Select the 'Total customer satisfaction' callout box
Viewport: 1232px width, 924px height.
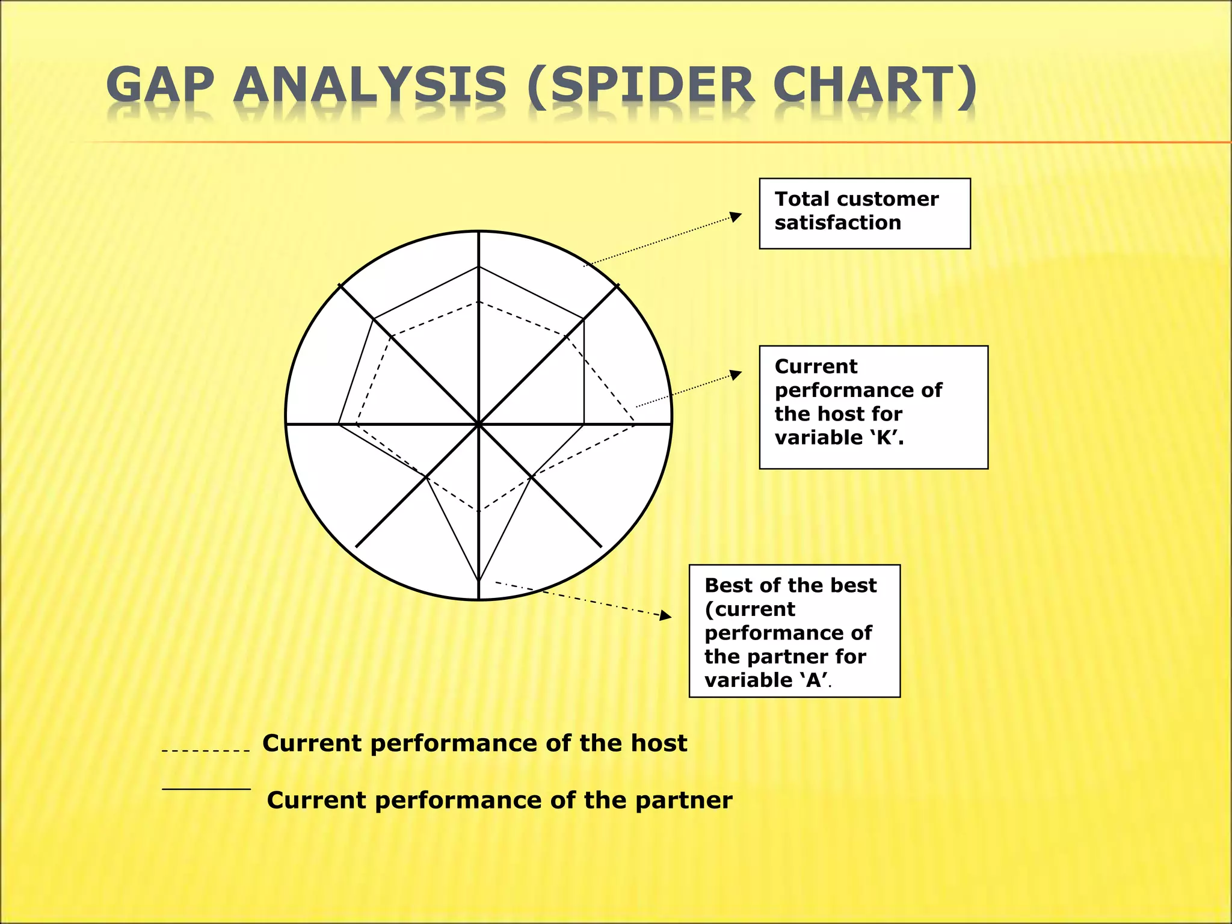(864, 213)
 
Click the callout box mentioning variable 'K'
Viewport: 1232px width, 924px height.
(873, 407)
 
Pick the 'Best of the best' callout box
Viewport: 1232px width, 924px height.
(794, 630)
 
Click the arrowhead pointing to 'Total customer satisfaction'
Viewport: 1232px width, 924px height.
(736, 217)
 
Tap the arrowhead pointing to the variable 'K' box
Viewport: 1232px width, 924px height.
(736, 375)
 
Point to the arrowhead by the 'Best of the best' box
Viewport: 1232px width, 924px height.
(665, 615)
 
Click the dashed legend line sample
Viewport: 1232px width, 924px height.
(206, 751)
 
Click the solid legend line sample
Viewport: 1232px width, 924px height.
(206, 789)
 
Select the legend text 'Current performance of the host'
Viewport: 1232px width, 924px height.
(475, 744)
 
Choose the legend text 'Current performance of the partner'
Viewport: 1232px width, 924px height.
(499, 801)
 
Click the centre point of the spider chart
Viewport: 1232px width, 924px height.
(479, 424)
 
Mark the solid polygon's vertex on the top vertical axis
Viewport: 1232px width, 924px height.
(479, 266)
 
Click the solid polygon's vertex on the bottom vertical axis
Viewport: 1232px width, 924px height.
(479, 581)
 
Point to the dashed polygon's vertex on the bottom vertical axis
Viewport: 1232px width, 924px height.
(479, 511)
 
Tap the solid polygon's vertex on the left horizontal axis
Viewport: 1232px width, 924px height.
(339, 424)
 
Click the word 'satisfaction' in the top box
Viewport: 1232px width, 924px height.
(837, 223)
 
